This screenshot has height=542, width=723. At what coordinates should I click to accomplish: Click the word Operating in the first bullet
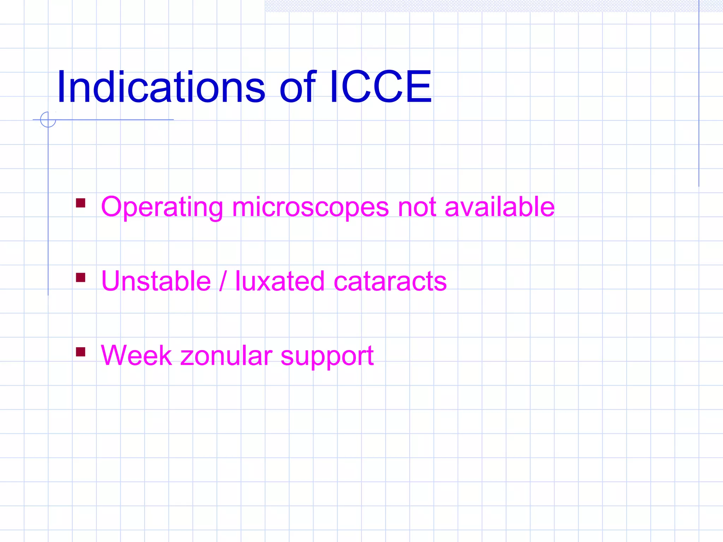pyautogui.click(x=162, y=207)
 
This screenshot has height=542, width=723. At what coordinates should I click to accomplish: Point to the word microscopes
pyautogui.click(x=310, y=207)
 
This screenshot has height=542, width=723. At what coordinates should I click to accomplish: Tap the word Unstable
pyautogui.click(x=156, y=281)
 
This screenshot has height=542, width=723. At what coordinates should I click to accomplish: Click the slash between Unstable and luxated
pyautogui.click(x=222, y=281)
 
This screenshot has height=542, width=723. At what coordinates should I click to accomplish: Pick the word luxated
pyautogui.click(x=280, y=281)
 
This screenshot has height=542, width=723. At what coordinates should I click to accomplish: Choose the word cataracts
pyautogui.click(x=390, y=282)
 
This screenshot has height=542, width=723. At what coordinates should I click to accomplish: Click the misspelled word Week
pyautogui.click(x=136, y=355)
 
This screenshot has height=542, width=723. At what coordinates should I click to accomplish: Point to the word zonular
pyautogui.click(x=226, y=355)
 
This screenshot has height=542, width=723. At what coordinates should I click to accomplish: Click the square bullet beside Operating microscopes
pyautogui.click(x=80, y=203)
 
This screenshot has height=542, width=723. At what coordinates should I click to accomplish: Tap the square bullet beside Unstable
pyautogui.click(x=80, y=278)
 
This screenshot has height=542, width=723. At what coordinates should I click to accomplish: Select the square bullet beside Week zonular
pyautogui.click(x=80, y=352)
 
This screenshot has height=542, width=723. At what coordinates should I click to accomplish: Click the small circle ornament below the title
pyautogui.click(x=48, y=119)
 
